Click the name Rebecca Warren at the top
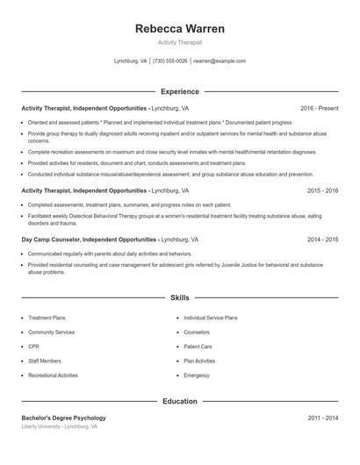click(x=179, y=28)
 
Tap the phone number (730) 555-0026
click(x=169, y=61)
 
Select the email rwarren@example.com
click(x=220, y=61)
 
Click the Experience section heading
click(x=179, y=91)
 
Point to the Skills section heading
click(x=179, y=298)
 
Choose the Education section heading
click(x=179, y=401)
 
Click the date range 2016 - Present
click(x=319, y=108)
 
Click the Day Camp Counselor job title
click(x=89, y=239)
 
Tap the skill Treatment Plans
click(x=47, y=318)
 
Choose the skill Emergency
click(x=197, y=375)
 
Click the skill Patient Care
click(x=198, y=347)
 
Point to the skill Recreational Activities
click(x=53, y=375)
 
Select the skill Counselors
click(x=197, y=333)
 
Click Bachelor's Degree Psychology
click(x=63, y=418)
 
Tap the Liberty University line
click(x=59, y=426)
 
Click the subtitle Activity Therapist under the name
click(x=179, y=42)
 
